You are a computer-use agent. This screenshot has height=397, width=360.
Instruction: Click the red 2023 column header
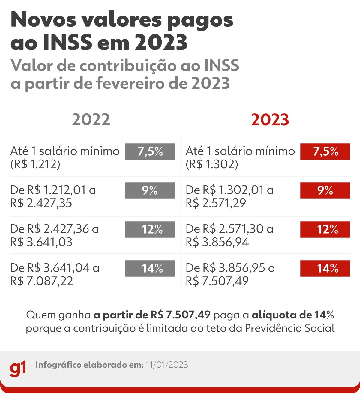tap(270, 120)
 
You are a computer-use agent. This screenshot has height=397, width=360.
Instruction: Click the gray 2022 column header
tap(91, 120)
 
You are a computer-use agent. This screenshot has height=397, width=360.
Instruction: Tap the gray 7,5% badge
tap(150, 152)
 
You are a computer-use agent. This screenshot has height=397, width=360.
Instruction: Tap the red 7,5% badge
tap(325, 152)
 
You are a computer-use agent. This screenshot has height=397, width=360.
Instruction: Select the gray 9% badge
tap(150, 190)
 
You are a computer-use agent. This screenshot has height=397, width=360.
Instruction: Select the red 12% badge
tap(325, 229)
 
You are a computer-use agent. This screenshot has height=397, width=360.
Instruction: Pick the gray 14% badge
tap(150, 268)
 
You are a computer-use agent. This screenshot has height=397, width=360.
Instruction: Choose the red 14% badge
tap(325, 268)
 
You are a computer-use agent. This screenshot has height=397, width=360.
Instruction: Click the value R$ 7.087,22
tap(42, 281)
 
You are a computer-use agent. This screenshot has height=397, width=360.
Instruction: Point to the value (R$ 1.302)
tap(212, 164)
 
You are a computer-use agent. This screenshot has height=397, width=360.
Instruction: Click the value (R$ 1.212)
tap(35, 164)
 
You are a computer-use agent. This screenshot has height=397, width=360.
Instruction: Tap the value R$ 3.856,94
tap(217, 242)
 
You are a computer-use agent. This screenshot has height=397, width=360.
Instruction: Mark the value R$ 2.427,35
tap(41, 203)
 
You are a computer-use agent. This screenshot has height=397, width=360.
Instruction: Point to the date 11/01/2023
tap(167, 365)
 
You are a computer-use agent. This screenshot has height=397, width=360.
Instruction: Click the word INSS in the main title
tap(67, 43)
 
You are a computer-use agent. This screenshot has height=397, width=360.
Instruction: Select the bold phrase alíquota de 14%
tap(292, 315)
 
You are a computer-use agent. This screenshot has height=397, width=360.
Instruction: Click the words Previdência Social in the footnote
tap(289, 328)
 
